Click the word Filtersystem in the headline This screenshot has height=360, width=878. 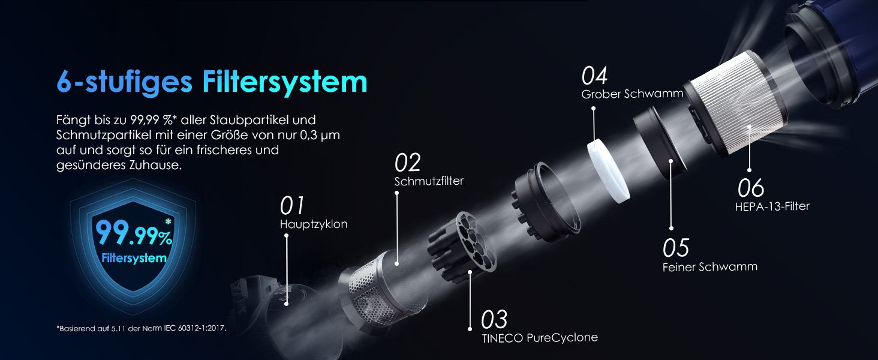(x=284, y=81)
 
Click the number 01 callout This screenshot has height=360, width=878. (x=293, y=206)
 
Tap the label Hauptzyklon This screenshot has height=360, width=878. (x=313, y=224)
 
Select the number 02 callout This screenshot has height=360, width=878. (x=407, y=163)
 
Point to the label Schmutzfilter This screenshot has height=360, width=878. (x=429, y=181)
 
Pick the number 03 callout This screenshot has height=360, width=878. (x=494, y=319)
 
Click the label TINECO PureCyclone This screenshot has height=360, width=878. (x=540, y=337)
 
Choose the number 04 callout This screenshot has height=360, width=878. (x=595, y=76)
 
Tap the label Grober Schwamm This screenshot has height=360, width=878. (x=632, y=94)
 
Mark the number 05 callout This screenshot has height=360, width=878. (x=676, y=248)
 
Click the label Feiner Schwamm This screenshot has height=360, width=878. (x=709, y=266)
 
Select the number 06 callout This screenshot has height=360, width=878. (x=750, y=188)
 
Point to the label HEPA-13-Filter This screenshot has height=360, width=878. (x=772, y=206)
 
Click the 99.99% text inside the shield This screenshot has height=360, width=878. (x=133, y=233)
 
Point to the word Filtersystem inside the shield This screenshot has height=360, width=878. (x=134, y=259)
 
